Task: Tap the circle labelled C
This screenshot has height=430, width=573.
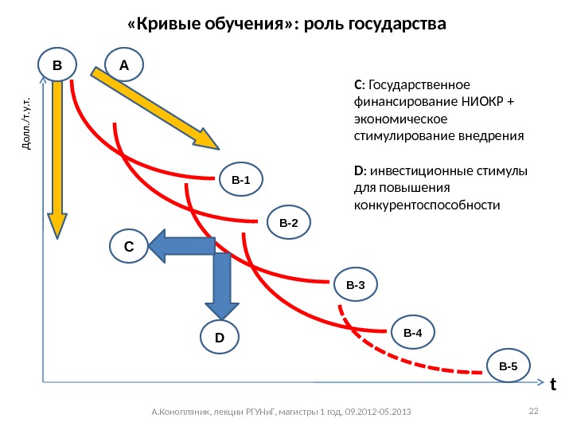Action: coord(127,247)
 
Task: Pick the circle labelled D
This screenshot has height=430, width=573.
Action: coord(219,338)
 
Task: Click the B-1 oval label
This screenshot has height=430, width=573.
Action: coord(240,181)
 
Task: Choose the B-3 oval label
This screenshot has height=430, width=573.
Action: coord(355,284)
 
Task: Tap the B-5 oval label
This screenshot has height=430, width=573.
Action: coord(508,366)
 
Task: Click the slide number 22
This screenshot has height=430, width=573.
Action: coord(534,410)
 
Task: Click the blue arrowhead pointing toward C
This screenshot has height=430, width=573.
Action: coord(161,246)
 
